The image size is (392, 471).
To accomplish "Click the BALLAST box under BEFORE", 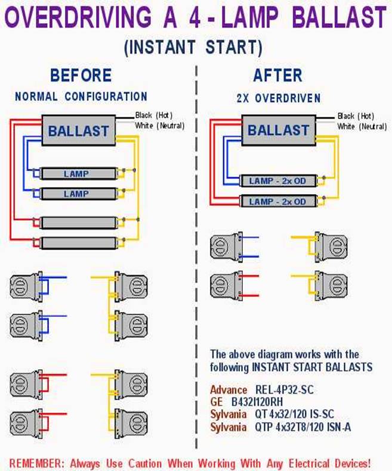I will [x=79, y=131].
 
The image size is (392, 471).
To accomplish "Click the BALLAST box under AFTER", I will [x=278, y=130].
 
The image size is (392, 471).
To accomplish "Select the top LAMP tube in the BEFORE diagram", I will [x=76, y=174].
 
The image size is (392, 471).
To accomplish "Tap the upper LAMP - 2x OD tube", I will [x=277, y=180].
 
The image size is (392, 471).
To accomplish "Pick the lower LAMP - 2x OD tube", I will [x=277, y=201].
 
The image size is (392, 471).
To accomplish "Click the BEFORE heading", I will [x=81, y=75].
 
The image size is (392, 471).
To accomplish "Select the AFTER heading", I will [x=277, y=75].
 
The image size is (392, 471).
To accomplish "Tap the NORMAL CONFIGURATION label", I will [x=81, y=96].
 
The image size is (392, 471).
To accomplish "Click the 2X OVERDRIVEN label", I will [x=277, y=97].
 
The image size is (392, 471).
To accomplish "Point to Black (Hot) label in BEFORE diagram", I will [x=154, y=114].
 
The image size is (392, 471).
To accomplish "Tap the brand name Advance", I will [x=228, y=390].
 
